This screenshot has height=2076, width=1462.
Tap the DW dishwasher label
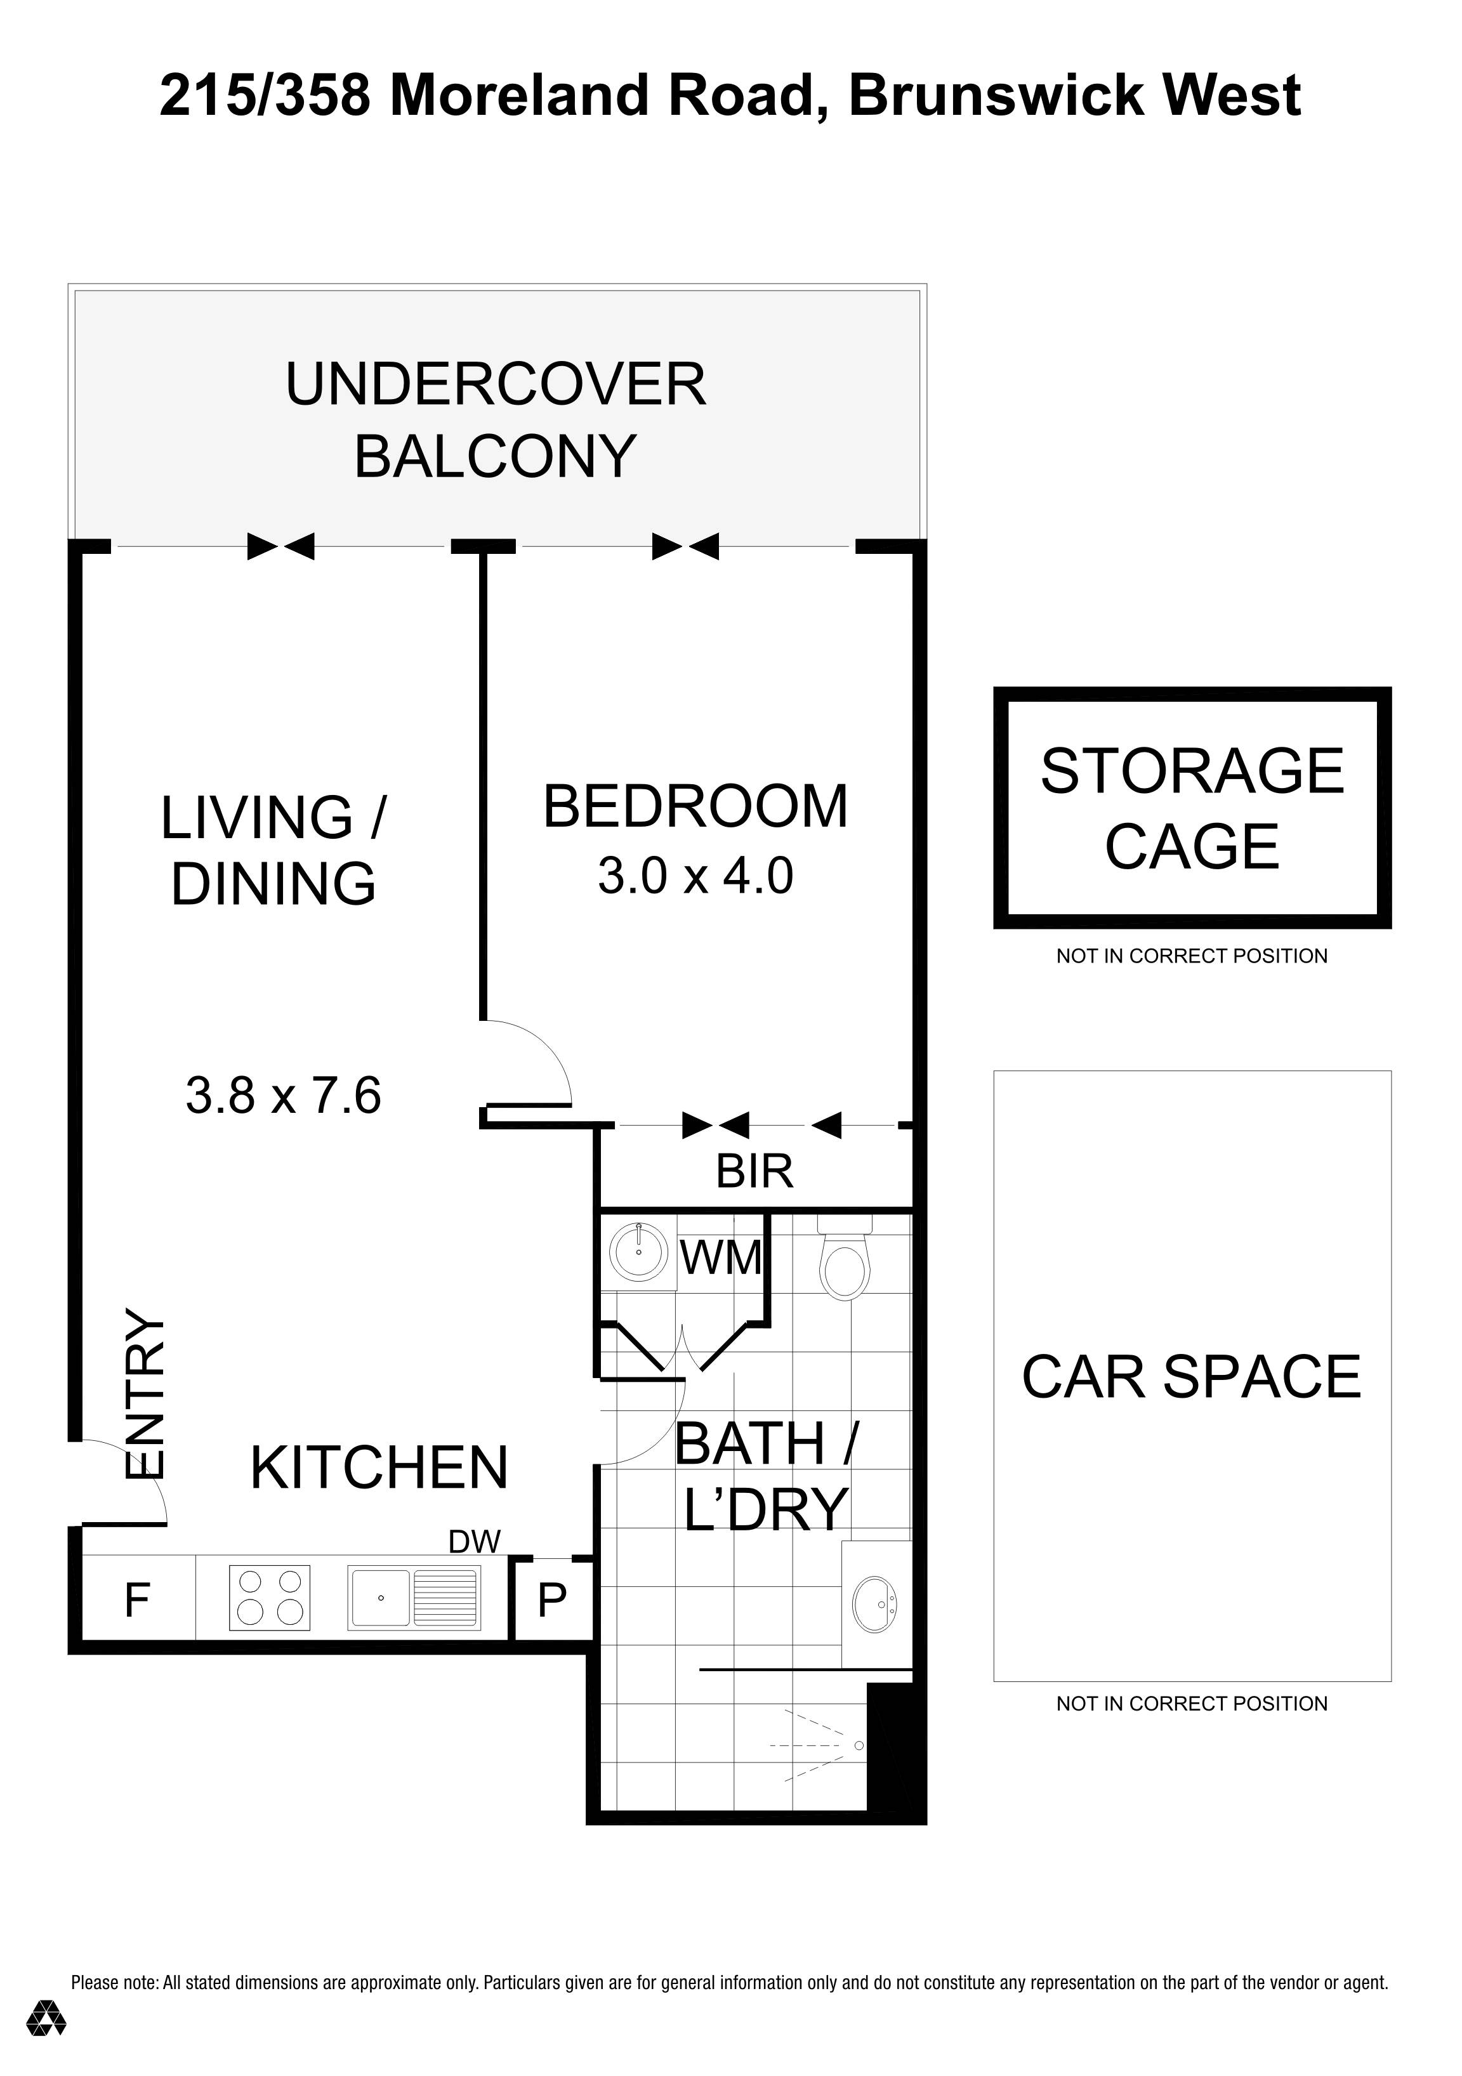(474, 1542)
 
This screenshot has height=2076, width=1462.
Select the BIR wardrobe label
(754, 1172)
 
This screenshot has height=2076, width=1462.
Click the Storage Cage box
(1191, 808)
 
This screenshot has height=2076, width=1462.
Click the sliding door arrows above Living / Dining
(281, 546)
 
